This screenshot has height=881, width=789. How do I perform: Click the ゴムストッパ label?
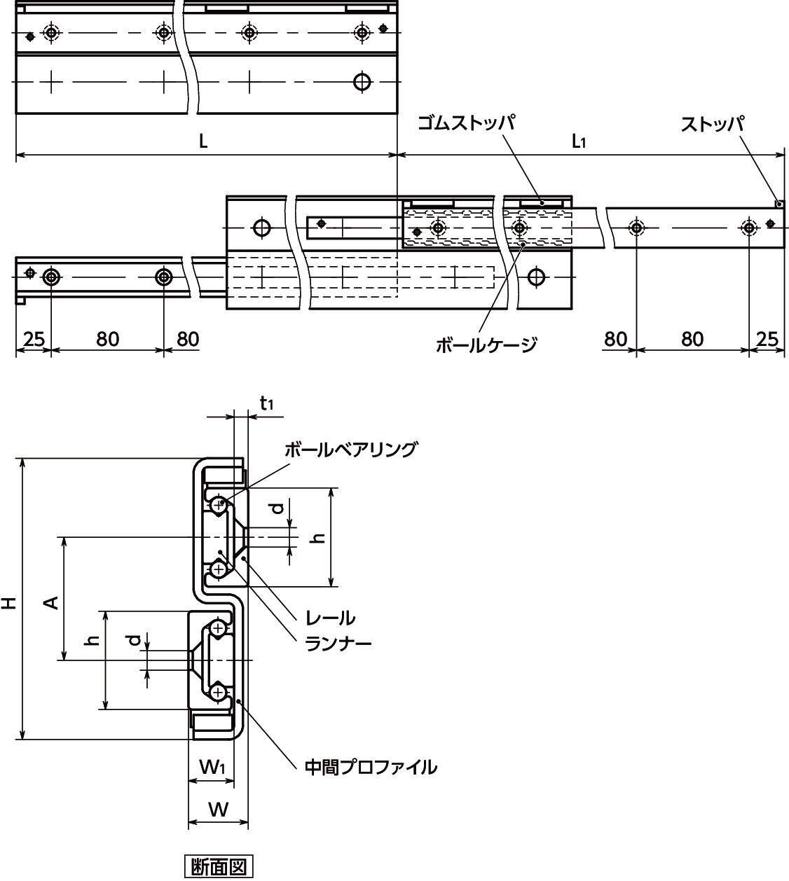pos(466,124)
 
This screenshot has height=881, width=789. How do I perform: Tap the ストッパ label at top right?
pos(712,125)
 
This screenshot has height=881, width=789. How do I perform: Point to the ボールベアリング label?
pos(350,450)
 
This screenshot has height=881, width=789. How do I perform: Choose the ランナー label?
pos(338,643)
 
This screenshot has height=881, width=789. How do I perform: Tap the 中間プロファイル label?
pos(371,767)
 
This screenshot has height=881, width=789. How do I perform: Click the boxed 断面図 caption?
pos(218,867)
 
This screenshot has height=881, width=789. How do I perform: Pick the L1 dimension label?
pos(579,142)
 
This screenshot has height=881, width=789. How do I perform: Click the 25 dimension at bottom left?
pos(32,339)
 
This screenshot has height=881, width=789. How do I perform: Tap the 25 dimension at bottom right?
pos(768,339)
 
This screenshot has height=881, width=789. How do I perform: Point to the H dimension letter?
pos(9,601)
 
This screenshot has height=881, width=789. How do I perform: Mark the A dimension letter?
pos(50,601)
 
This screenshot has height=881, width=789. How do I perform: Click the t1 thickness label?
pos(266,403)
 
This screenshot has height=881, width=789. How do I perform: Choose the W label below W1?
pos(219,810)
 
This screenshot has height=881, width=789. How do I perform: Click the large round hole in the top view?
pos(362,82)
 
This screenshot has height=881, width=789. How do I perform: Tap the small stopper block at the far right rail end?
pos(778,204)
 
